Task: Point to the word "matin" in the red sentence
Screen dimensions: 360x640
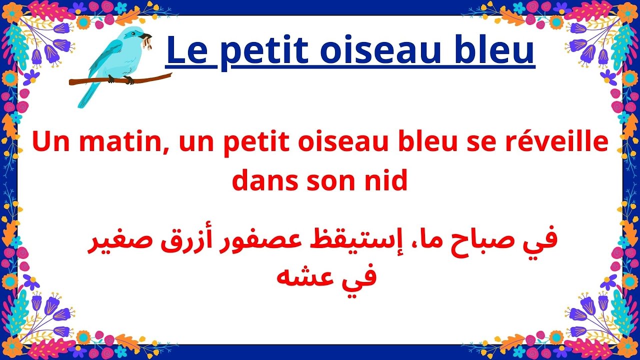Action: [123, 143]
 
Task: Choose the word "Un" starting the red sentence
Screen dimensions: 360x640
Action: [49, 143]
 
